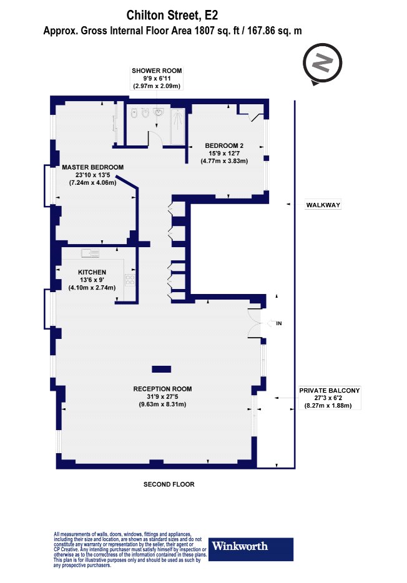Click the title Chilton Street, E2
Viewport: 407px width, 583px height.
click(172, 15)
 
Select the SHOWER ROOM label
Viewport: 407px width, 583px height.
click(157, 71)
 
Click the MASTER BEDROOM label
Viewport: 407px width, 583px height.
click(92, 167)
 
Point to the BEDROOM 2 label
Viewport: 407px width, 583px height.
click(224, 146)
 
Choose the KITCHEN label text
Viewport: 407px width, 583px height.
click(92, 272)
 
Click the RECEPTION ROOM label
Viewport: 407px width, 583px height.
click(162, 389)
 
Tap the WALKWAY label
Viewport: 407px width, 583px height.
click(323, 205)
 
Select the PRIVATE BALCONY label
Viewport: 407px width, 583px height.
click(330, 390)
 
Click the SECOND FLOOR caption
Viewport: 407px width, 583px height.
click(169, 484)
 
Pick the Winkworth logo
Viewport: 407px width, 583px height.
click(250, 549)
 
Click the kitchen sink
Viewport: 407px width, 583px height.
click(91, 253)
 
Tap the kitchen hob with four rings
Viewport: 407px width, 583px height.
click(130, 280)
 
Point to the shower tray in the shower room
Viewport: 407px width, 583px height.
click(178, 127)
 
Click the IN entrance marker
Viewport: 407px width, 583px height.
click(279, 323)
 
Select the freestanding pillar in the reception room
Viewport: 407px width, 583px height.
click(161, 369)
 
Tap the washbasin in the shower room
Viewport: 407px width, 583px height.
click(160, 112)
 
